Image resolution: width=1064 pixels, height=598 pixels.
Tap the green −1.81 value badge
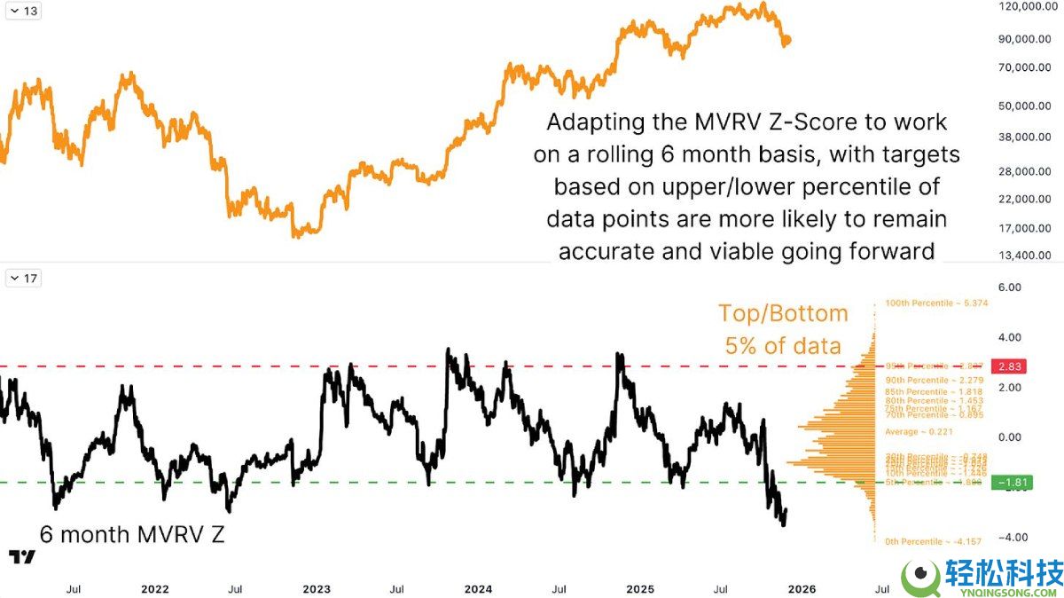1013,483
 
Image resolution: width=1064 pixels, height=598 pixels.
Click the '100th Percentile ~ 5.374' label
936,303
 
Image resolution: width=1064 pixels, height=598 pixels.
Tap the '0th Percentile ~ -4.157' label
935,541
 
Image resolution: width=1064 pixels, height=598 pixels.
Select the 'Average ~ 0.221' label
921,431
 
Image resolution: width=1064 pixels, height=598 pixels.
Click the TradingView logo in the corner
21,557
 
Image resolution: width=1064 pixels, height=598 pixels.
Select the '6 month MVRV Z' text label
132,534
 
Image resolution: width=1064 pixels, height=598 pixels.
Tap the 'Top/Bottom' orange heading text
783,313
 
